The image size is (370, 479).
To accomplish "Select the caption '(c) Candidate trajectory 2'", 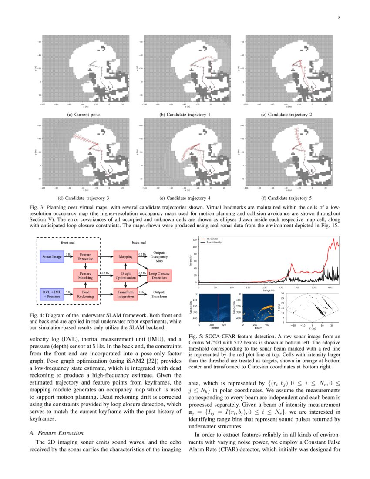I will point(286,115).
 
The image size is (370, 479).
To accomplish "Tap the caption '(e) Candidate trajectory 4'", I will point(185,198).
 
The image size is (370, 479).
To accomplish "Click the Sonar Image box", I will point(51,257).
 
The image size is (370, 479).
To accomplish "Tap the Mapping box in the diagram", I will point(125,257).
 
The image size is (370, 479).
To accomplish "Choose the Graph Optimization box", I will point(125,275).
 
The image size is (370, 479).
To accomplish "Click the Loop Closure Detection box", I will point(159,275).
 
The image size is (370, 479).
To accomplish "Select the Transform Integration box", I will point(125,294).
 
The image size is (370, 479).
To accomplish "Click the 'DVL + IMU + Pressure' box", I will point(51,294).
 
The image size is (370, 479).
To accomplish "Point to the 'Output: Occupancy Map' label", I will point(159,256).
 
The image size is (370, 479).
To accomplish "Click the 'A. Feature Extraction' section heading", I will point(56,433).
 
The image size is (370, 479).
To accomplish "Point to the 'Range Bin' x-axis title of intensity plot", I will point(268,290).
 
